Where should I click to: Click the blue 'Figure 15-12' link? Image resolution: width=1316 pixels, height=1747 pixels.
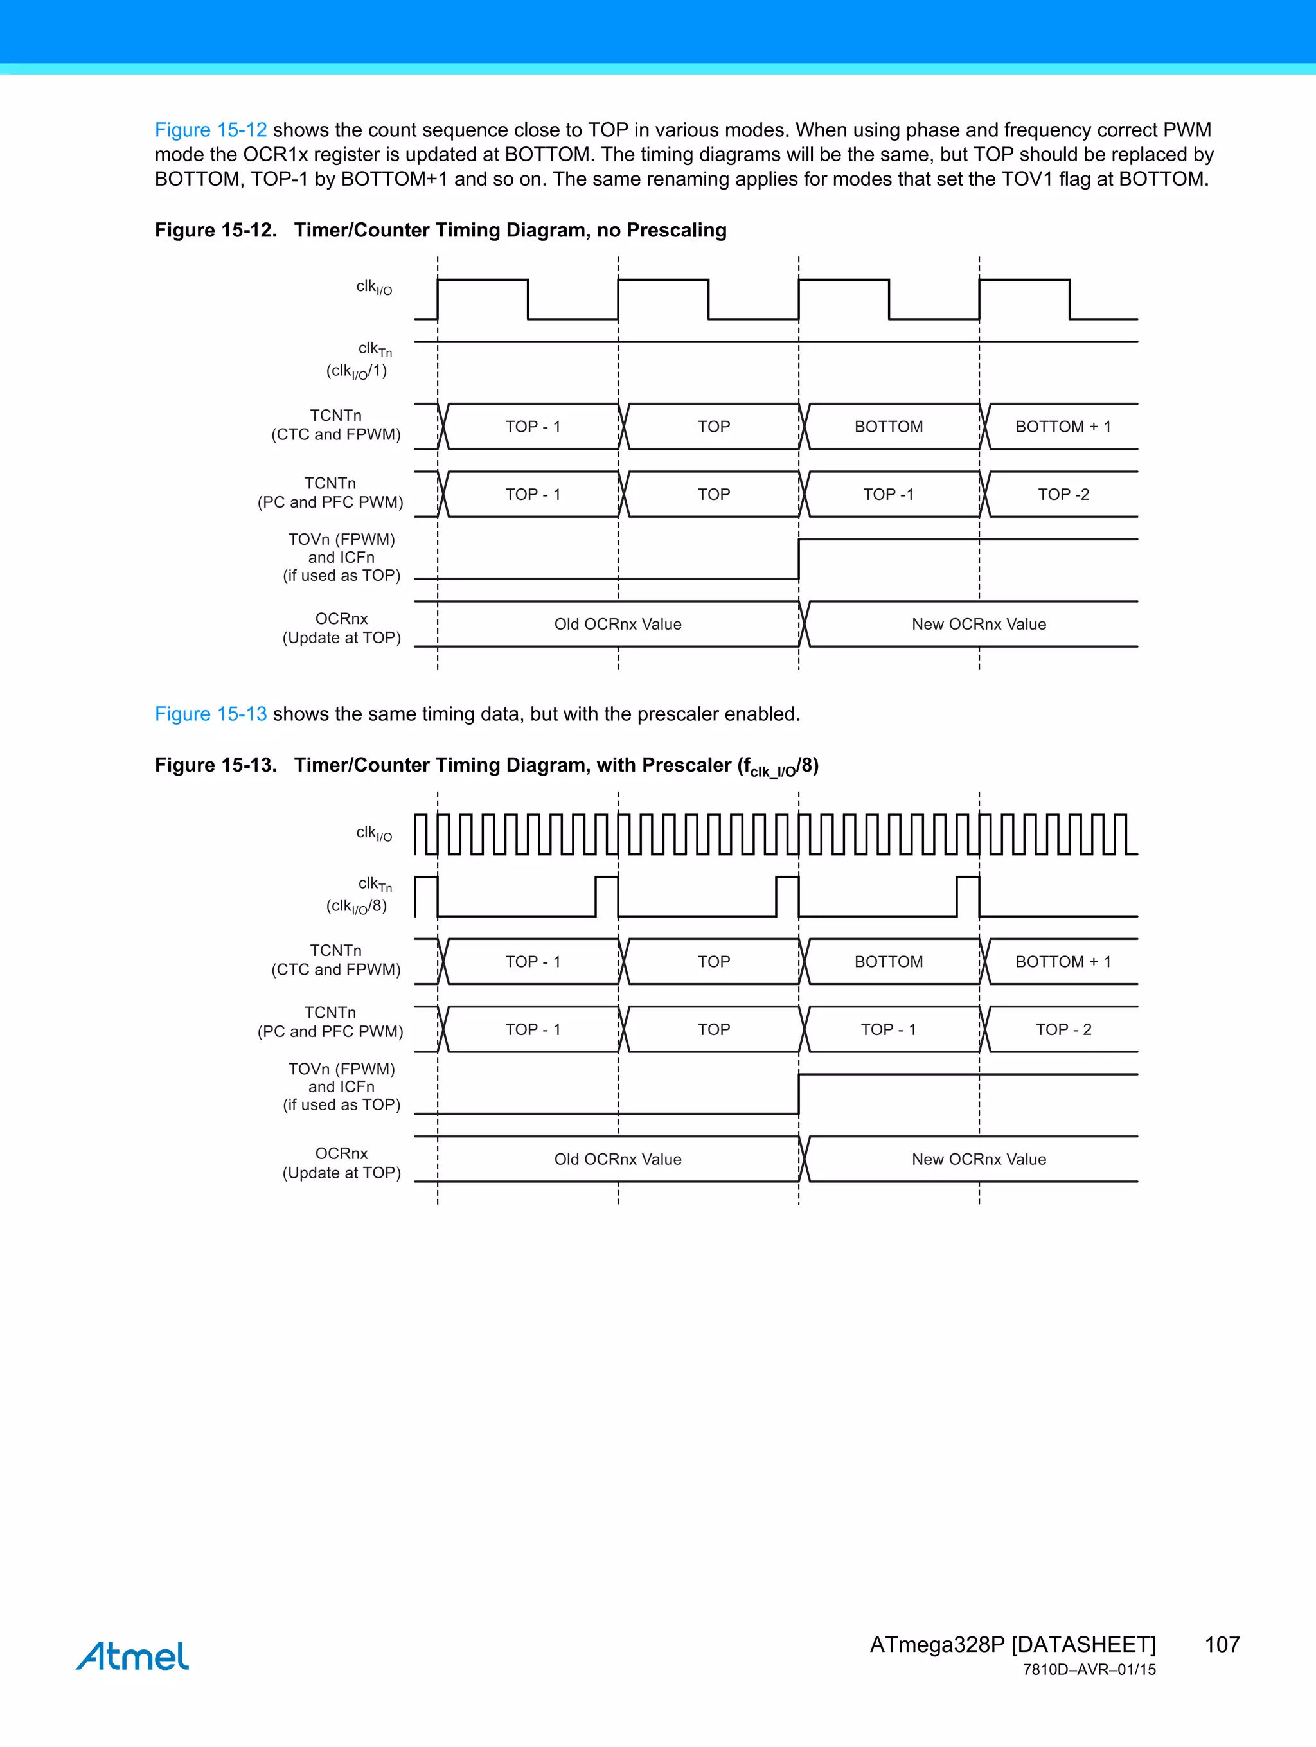pos(210,130)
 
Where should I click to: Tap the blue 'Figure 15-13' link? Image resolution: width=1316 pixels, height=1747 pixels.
pos(210,714)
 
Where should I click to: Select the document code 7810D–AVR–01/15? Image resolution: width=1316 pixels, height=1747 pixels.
pos(1089,1670)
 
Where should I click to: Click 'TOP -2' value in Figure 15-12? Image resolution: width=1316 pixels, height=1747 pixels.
pos(1063,494)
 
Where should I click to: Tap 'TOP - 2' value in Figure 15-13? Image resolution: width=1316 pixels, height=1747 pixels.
pos(1063,1030)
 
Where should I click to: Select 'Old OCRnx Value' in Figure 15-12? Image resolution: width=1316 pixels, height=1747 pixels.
pos(618,624)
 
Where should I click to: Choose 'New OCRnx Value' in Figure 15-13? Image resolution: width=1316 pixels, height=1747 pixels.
pos(979,1159)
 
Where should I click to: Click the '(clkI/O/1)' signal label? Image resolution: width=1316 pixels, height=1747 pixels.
pos(357,371)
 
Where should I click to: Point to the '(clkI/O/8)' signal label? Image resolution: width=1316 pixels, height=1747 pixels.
pos(357,907)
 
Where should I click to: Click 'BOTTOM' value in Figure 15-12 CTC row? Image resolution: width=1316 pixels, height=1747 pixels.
pos(889,427)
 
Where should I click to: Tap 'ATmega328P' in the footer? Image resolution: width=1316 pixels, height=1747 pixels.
pos(937,1644)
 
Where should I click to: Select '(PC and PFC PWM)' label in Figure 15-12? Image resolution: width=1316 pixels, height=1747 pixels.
pos(330,502)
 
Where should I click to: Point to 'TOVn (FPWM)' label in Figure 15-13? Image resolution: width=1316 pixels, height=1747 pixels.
pos(341,1069)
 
